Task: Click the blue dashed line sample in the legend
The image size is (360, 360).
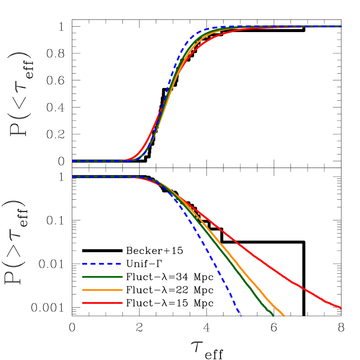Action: (102, 263)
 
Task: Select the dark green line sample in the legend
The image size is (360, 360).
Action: (102, 276)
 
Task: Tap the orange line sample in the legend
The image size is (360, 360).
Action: (102, 290)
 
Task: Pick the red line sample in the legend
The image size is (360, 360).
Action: (102, 303)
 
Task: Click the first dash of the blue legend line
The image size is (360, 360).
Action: (84, 263)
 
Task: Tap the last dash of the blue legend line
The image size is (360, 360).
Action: (118, 263)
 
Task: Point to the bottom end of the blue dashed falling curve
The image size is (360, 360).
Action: (241, 316)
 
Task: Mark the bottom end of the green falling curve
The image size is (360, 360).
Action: (273, 316)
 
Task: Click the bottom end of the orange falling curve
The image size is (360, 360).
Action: (284, 316)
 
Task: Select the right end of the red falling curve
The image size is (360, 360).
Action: (341, 308)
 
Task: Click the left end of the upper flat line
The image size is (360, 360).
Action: (73, 161)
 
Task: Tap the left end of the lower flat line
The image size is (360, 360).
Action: (73, 177)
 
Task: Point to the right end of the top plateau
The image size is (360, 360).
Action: (341, 27)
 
